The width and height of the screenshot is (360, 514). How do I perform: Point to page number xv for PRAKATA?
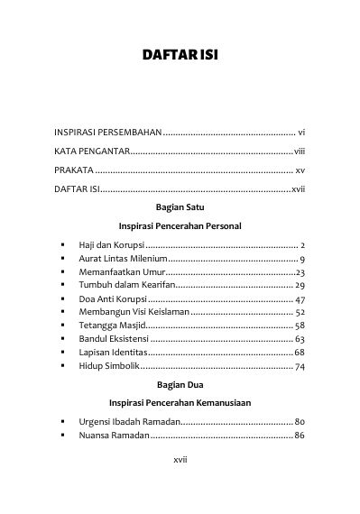(x=300, y=170)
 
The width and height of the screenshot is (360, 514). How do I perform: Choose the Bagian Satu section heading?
(x=180, y=206)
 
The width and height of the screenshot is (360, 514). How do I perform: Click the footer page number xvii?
(x=180, y=459)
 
